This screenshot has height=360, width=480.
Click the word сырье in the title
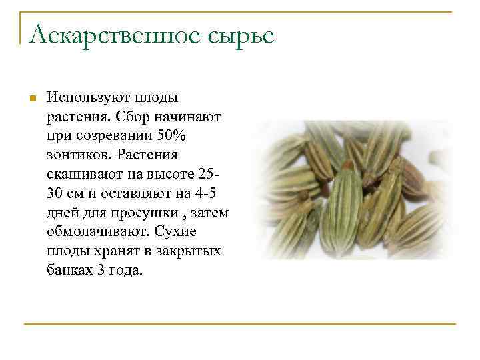240,35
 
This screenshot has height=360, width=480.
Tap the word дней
63,214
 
